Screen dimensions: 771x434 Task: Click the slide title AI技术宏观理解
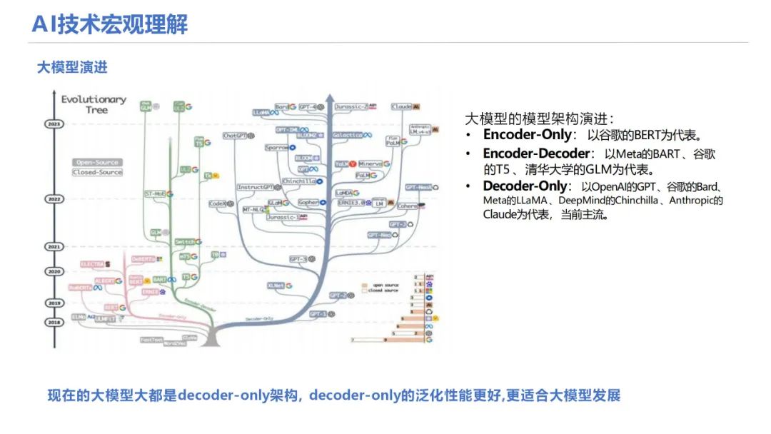110,25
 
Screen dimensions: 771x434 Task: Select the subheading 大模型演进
72,68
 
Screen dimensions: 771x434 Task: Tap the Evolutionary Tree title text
94,104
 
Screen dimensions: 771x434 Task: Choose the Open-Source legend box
97,162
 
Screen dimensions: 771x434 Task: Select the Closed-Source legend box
97,172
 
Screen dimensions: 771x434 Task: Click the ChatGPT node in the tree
236,136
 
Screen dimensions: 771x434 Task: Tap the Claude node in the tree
401,107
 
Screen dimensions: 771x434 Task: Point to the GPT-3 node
298,259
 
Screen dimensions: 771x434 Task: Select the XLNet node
276,286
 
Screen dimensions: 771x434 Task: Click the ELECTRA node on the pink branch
93,264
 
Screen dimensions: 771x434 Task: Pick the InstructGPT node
256,188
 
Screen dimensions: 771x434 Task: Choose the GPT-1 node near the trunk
317,313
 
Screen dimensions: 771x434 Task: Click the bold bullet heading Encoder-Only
527,134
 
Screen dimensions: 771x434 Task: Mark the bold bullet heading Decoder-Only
527,186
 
